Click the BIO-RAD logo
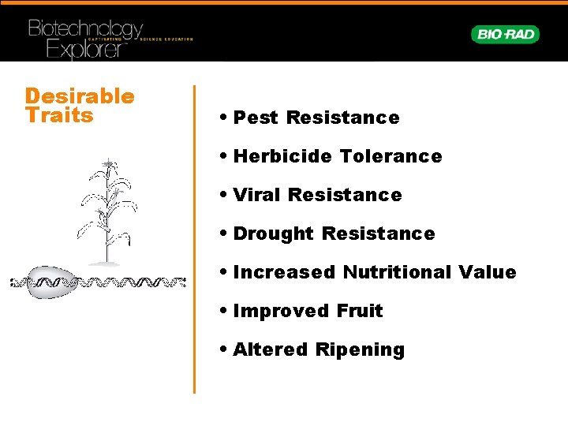(505, 35)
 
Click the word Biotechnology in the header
(85, 30)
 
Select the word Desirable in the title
(80, 96)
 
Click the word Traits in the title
(59, 116)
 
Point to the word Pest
(256, 118)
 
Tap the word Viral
(258, 195)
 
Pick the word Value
(488, 272)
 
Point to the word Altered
(271, 349)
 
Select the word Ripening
(361, 350)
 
